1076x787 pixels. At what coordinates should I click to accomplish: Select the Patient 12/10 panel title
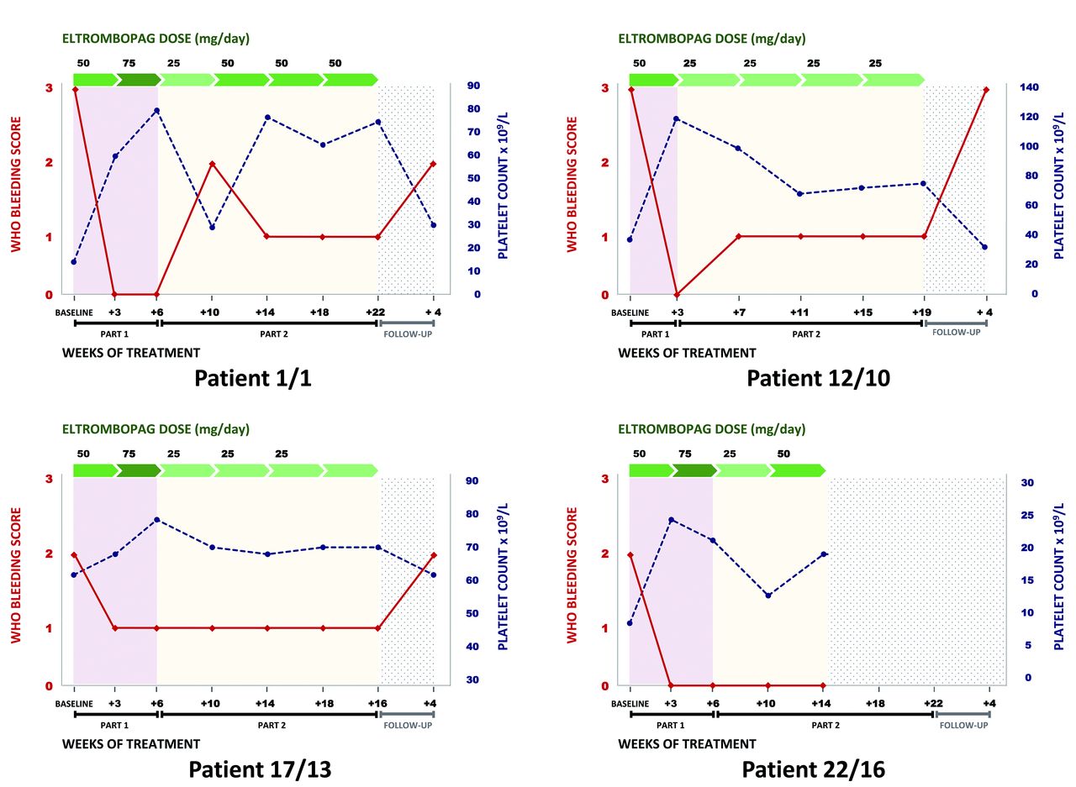point(818,378)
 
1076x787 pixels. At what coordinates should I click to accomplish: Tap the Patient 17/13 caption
point(259,769)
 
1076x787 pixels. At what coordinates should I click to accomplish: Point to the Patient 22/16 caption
point(814,769)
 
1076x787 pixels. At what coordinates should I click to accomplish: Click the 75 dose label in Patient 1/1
point(129,63)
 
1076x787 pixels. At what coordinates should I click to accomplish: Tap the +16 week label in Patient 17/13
point(377,703)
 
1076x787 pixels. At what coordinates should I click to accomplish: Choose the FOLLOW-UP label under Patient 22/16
point(963,725)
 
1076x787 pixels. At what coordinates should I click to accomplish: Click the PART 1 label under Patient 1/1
point(115,333)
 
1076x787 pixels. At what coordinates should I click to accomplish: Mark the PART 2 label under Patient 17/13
point(269,725)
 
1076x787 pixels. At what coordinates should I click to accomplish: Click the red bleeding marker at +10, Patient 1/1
point(212,164)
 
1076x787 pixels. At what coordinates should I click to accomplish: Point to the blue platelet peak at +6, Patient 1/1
point(157,110)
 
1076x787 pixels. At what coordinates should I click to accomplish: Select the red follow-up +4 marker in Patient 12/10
point(985,89)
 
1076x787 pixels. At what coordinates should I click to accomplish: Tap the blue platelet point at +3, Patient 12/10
point(676,118)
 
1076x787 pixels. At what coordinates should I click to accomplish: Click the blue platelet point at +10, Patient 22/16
point(768,595)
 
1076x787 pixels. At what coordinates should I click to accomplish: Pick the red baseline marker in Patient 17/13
point(75,555)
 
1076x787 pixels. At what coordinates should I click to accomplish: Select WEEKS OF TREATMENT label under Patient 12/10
point(687,353)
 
